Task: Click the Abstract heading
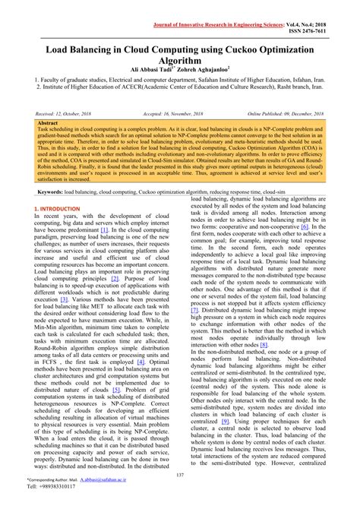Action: (x=47, y=122)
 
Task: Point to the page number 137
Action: (x=180, y=475)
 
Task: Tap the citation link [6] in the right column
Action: (x=304, y=226)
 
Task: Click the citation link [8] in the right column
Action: (x=264, y=345)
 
